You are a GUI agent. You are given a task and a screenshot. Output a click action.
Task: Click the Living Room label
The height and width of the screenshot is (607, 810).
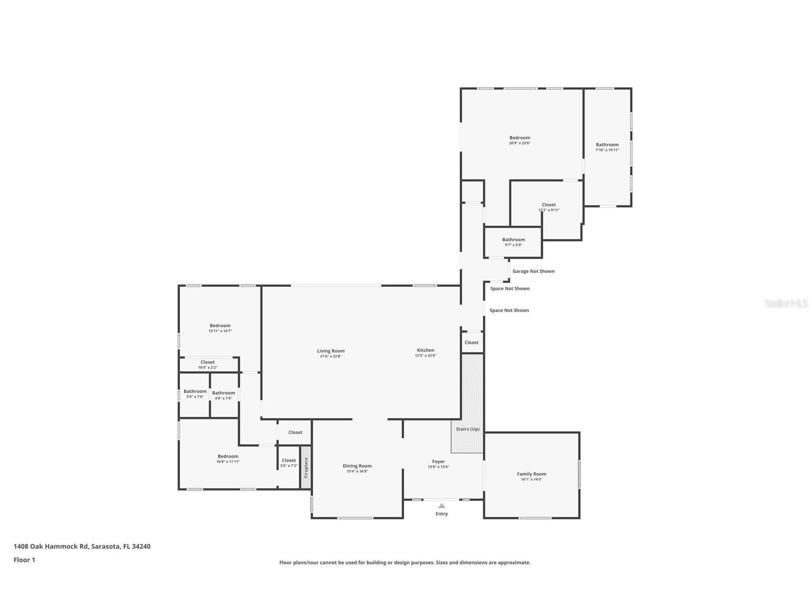[x=330, y=351]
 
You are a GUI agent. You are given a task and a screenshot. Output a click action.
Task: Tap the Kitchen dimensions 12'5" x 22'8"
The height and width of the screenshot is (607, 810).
[x=425, y=356]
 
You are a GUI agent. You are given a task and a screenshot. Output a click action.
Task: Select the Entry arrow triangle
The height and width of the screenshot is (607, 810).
[x=442, y=506]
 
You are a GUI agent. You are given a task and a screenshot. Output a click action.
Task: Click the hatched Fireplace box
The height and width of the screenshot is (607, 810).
[x=306, y=467]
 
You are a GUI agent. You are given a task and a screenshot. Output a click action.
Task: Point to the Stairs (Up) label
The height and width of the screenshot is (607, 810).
[x=467, y=429]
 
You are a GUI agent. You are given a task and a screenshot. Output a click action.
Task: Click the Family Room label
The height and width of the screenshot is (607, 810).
[x=531, y=474]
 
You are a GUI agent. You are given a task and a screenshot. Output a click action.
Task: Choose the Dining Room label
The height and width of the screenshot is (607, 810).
[x=357, y=466]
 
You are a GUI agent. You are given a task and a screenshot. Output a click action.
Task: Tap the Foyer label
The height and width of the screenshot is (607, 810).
[x=438, y=461]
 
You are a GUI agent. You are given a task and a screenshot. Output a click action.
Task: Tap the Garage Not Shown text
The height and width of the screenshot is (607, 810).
[x=533, y=271]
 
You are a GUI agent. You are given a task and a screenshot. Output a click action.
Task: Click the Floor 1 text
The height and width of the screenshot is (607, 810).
[x=24, y=560]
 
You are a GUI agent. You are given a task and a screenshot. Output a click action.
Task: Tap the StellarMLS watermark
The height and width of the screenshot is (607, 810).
[x=786, y=303]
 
